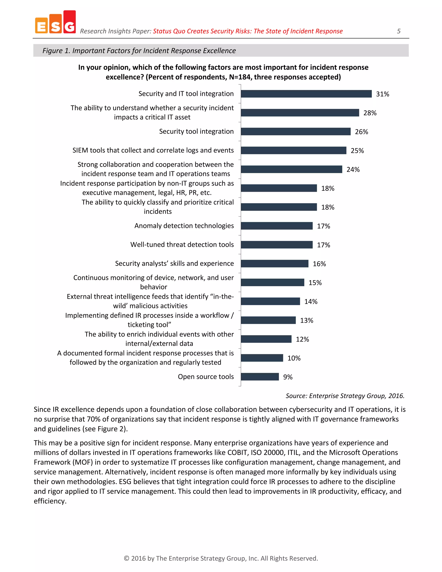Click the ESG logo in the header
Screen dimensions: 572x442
tap(55, 22)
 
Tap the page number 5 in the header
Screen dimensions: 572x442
tap(399, 31)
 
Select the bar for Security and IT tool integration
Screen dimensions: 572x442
tap(306, 94)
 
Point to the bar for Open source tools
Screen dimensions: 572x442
tap(260, 377)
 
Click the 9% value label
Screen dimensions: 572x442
tap(287, 377)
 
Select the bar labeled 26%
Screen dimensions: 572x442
tap(295, 131)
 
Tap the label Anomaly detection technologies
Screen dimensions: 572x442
tap(184, 226)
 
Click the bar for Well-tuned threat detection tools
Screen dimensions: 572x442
tap(276, 245)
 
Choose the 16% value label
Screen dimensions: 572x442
tap(319, 264)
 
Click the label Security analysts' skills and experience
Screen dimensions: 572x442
tap(174, 264)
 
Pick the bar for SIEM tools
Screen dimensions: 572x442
tap(293, 150)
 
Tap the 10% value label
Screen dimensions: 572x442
tap(294, 358)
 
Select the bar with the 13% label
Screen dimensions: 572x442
tap(268, 320)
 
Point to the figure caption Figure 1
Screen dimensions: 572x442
tap(139, 51)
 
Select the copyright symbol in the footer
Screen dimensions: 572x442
tap(126, 558)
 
